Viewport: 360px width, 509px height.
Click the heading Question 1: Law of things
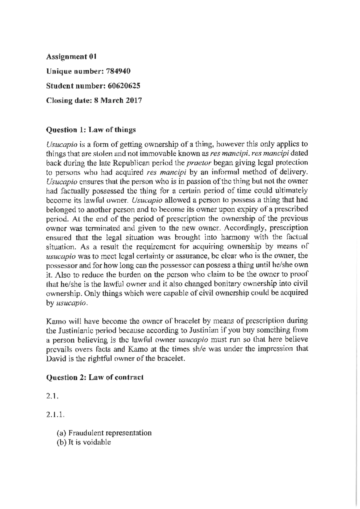91,130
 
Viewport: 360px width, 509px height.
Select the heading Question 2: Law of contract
94,377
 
